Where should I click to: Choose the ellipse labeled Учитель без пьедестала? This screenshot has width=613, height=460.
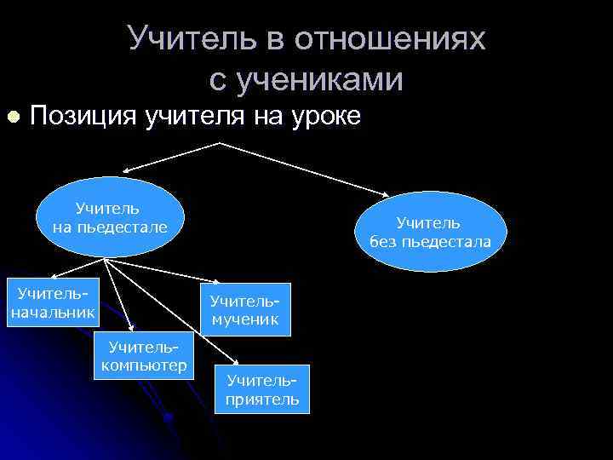tap(430, 232)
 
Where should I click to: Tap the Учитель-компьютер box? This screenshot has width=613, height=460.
tap(145, 356)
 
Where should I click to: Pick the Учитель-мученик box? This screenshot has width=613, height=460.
tap(245, 309)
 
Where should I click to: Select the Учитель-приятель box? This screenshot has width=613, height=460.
tap(262, 390)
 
